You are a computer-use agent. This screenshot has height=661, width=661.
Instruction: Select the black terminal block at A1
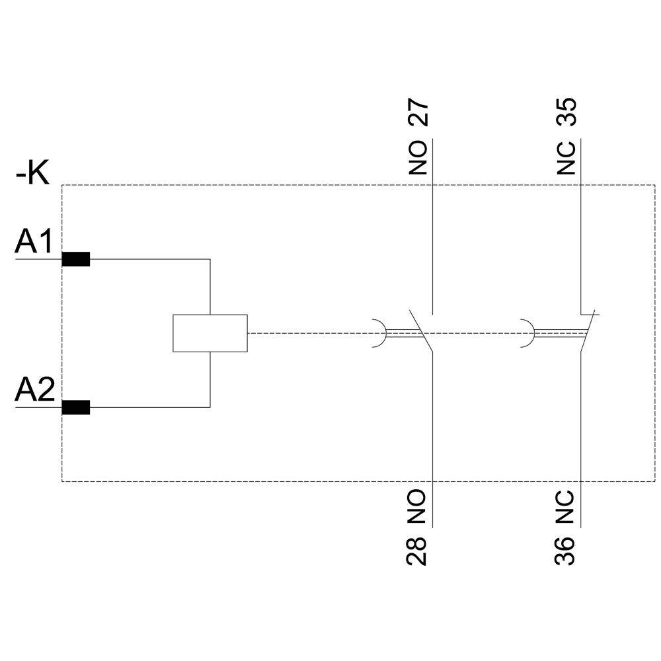pyautogui.click(x=75, y=259)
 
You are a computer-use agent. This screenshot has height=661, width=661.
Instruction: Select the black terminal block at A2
pyautogui.click(x=75, y=408)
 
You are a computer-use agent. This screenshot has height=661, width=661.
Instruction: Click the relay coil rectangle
pyautogui.click(x=210, y=333)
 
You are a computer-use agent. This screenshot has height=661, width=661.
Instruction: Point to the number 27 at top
pyautogui.click(x=418, y=114)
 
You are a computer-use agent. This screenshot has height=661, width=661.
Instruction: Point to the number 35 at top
pyautogui.click(x=566, y=113)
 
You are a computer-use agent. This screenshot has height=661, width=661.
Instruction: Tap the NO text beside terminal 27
pyautogui.click(x=418, y=157)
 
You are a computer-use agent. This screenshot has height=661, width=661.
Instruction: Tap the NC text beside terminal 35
pyautogui.click(x=566, y=157)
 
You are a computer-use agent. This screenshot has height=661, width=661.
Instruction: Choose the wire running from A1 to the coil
pyautogui.click(x=152, y=259)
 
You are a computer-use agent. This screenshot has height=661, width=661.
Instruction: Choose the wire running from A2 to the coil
pyautogui.click(x=152, y=407)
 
